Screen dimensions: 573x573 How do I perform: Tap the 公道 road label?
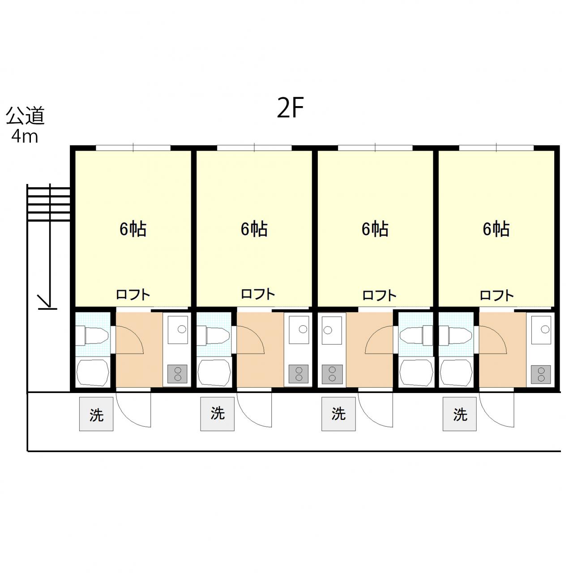pos(25,115)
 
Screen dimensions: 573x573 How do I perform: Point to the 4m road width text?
pos(25,137)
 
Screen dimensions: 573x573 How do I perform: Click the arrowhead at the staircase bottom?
pos(45,302)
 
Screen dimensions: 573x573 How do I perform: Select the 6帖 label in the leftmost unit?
pos(133,229)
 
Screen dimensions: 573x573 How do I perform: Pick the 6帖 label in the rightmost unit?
pos(496,229)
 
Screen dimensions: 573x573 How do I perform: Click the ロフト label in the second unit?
pos(258,294)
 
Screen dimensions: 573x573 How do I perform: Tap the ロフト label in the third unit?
pos(379,295)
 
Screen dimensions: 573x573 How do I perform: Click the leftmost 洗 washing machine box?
pos(96,414)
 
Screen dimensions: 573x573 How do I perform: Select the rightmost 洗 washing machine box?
pos(459,414)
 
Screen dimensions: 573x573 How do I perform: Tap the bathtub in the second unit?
pos(214,373)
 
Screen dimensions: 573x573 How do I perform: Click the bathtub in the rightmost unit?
pos(456,373)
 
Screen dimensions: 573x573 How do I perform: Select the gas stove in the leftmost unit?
pos(178,374)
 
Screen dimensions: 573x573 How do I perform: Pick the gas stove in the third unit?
pos(333,374)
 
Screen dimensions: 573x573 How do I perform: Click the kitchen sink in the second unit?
pos(299,330)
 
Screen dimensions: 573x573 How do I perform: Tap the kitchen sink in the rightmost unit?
pos(541,330)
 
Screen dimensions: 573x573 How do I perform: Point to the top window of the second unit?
pos(254,148)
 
